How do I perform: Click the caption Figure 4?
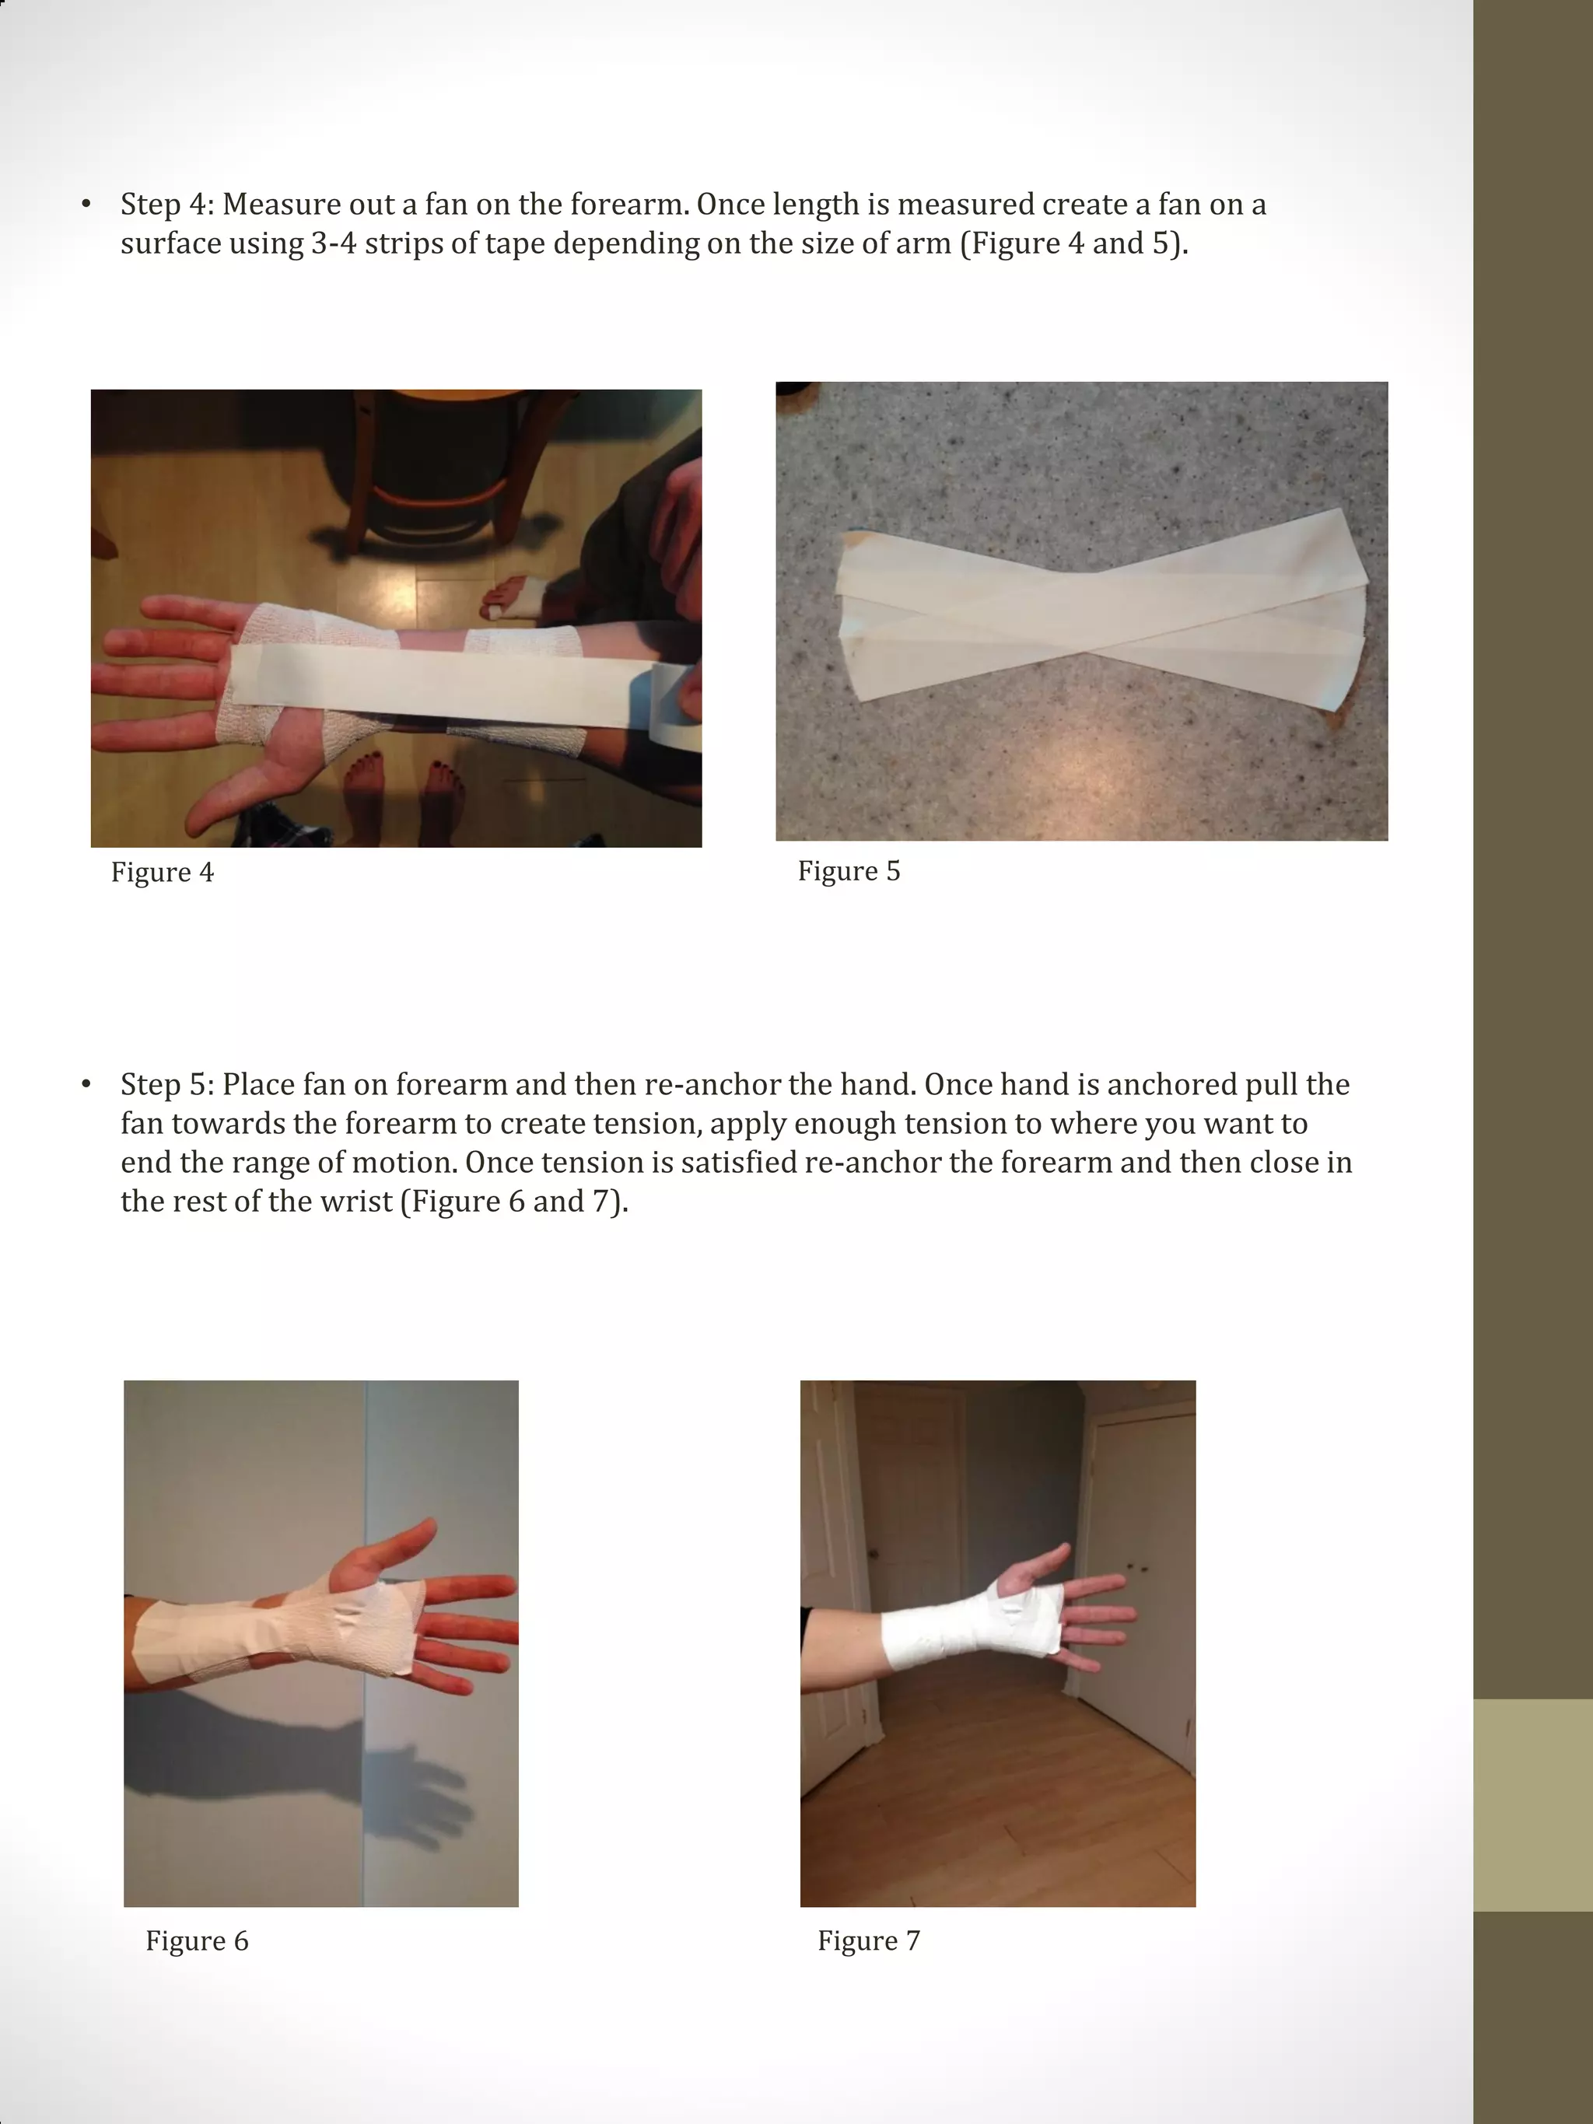point(163,872)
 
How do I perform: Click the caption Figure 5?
point(849,871)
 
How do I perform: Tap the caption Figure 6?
point(197,1940)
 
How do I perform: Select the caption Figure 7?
point(869,1940)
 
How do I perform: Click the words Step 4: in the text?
point(168,205)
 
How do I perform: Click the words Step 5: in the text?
point(168,1085)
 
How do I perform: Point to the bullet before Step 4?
point(86,205)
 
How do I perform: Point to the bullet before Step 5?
point(86,1085)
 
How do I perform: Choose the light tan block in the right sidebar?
point(1532,1805)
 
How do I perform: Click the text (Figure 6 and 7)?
point(513,1202)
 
